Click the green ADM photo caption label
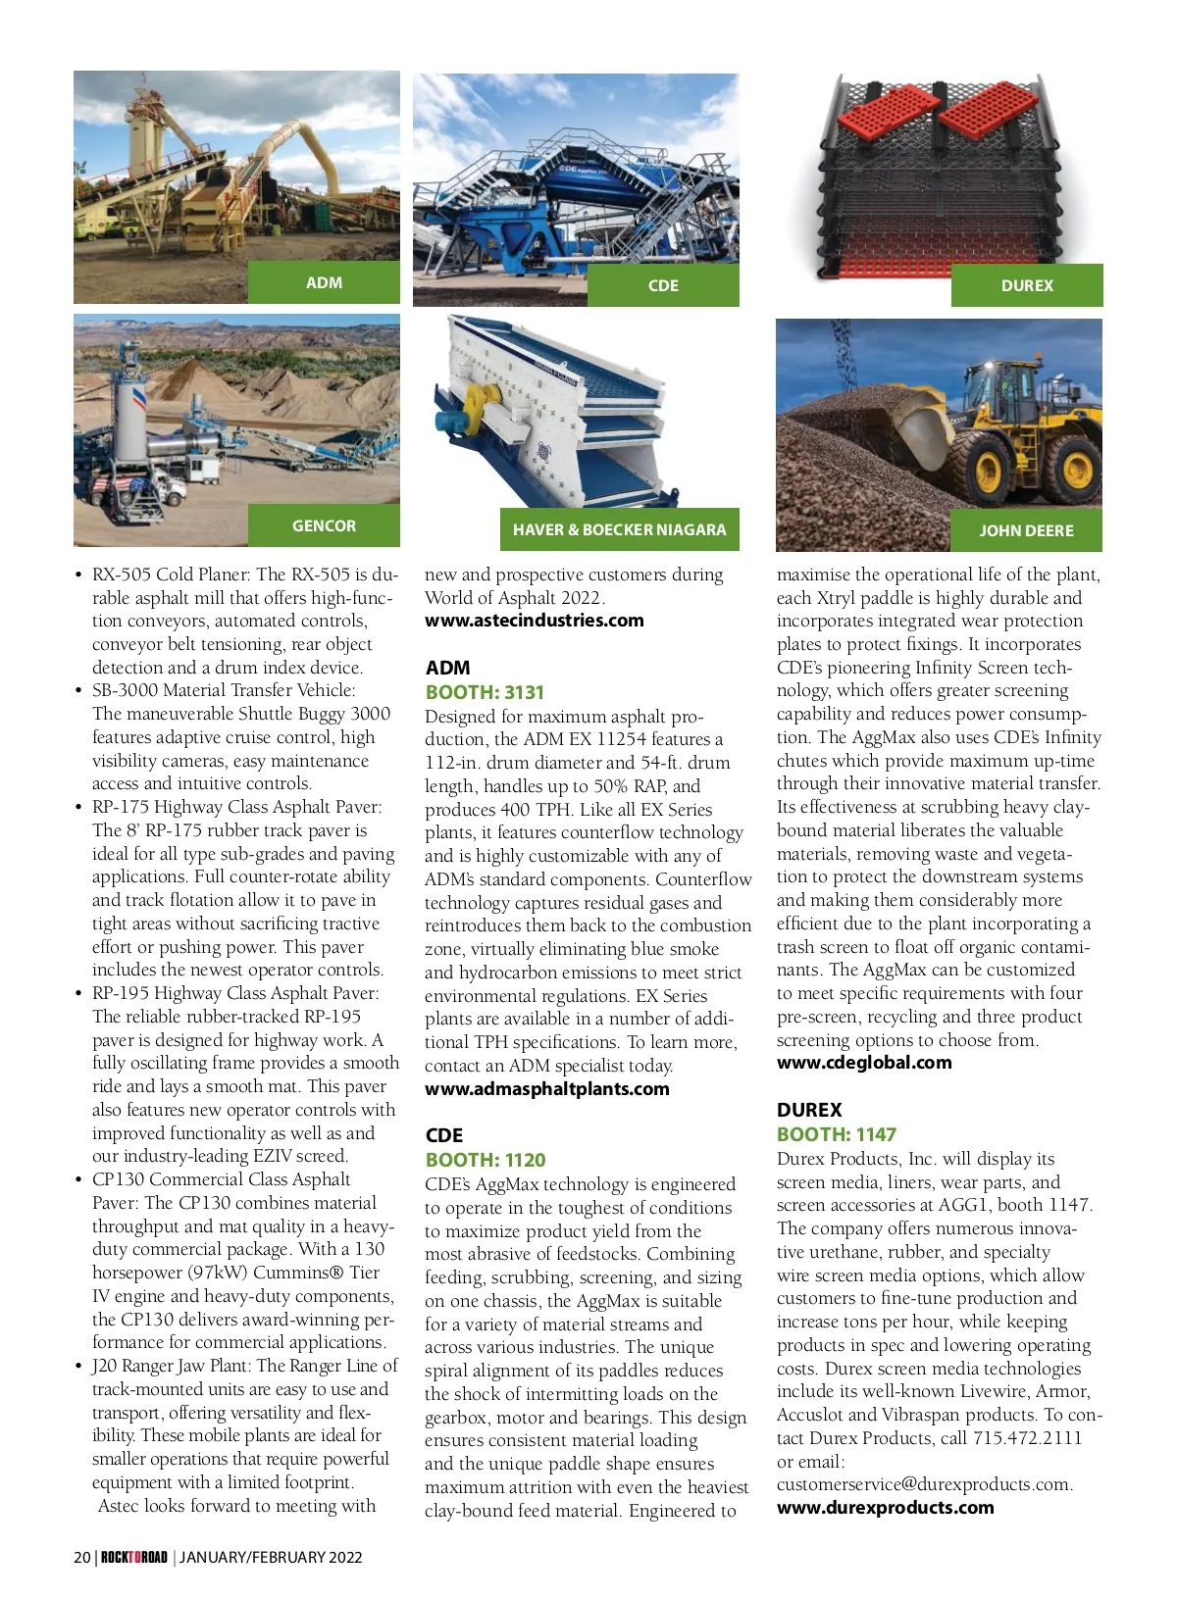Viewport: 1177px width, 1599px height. [x=324, y=282]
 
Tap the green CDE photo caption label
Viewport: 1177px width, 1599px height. [x=663, y=285]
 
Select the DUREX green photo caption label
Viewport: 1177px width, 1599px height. [x=1027, y=285]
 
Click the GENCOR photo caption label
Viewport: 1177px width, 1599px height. [x=324, y=525]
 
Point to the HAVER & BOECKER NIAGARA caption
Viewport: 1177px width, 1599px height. [x=619, y=529]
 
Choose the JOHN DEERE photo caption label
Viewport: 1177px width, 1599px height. [x=1026, y=530]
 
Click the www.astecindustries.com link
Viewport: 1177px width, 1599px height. [x=535, y=621]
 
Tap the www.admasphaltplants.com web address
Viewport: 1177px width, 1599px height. [x=547, y=1089]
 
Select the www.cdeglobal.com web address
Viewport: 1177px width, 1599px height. [x=864, y=1063]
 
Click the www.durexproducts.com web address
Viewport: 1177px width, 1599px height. [x=885, y=1508]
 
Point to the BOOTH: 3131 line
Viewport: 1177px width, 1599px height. [x=485, y=692]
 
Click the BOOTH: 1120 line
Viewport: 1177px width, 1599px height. [x=486, y=1160]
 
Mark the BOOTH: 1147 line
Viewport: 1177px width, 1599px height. [x=837, y=1134]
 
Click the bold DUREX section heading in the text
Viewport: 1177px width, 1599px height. [x=809, y=1110]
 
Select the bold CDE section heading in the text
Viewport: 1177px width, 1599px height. [x=444, y=1135]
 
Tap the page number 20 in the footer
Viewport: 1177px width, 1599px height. [x=82, y=1557]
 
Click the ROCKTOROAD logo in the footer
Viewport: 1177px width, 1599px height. [x=134, y=1557]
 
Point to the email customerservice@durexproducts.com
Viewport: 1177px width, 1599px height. [x=924, y=1484]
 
